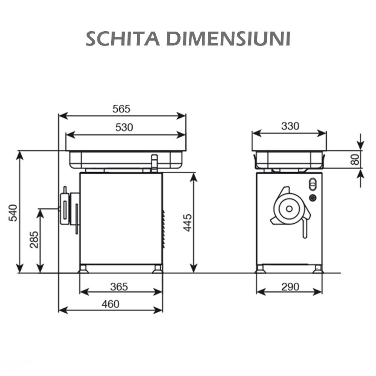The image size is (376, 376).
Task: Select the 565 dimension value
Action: coord(121,109)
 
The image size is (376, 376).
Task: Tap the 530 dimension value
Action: coord(124,128)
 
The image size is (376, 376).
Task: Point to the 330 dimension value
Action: coord(290,126)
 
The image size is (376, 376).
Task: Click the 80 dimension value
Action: coord(355,159)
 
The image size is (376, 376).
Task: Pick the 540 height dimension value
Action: coord(13,212)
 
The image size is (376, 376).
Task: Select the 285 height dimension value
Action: coord(34,240)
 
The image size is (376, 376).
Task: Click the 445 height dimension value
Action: coord(188,222)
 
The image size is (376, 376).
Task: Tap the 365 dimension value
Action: coord(119,287)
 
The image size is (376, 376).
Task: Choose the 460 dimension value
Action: coord(111,304)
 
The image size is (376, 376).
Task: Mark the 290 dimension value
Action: coord(290,287)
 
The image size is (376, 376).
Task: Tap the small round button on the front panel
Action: coord(312,198)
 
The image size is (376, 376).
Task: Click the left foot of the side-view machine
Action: coord(83,269)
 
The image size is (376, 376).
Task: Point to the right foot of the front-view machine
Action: coord(318,269)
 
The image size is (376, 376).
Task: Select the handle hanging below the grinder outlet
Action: coord(305,229)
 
